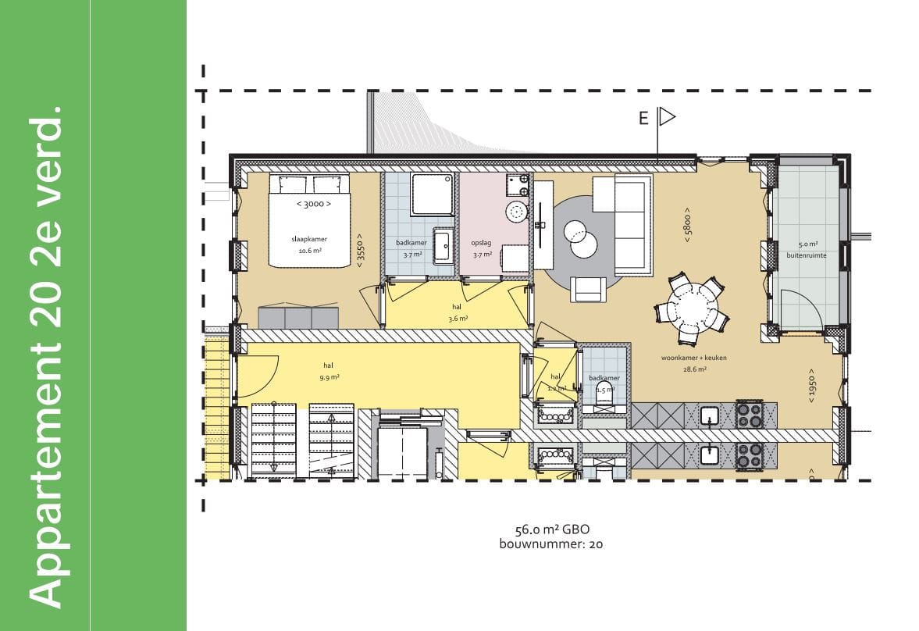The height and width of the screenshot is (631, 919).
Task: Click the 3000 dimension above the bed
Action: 313,204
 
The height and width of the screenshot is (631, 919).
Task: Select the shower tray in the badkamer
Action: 433,194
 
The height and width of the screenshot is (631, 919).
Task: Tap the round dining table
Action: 692,306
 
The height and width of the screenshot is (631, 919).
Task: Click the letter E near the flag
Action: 643,119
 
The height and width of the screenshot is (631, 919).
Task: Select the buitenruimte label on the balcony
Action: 812,249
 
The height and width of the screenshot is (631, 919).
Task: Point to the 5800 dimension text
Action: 687,224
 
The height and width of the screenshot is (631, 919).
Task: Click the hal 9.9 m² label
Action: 329,370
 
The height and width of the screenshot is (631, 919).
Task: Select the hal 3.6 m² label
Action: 458,312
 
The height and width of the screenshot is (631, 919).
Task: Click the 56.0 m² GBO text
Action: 552,529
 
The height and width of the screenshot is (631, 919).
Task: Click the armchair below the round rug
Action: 587,289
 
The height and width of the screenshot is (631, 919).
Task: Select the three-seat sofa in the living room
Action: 633,225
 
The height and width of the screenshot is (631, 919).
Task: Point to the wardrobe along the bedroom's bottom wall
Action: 298,318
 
